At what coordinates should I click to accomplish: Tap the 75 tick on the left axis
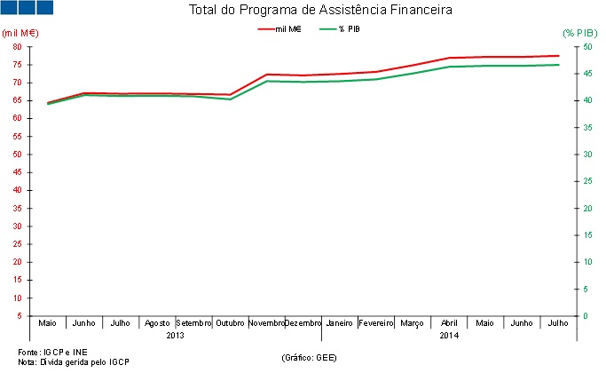pos(18,46)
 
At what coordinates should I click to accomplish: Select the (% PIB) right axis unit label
pos(580,33)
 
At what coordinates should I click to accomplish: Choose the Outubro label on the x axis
pos(230,323)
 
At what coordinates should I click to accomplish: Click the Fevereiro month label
pos(376,323)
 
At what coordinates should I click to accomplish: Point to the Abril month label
pos(450,323)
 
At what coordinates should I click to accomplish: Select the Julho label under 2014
pos(559,323)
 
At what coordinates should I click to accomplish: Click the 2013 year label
pos(175,335)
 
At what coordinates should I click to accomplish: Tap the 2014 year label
pos(450,335)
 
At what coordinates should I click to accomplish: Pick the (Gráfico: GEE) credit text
pos(309,357)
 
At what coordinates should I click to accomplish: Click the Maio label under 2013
pos(47,323)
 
